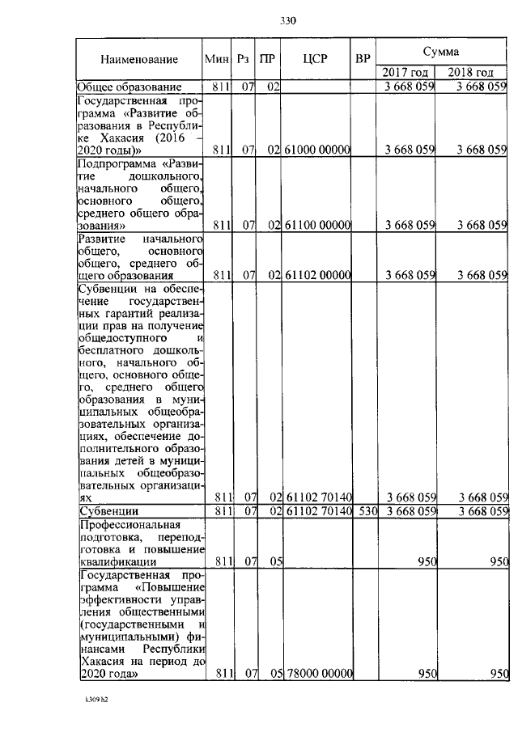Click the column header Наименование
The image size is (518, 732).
click(x=139, y=59)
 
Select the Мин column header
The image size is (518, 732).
click(x=216, y=59)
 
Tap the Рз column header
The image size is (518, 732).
click(x=244, y=59)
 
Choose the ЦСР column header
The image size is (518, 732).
click(x=315, y=59)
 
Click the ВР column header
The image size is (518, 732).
click(x=363, y=59)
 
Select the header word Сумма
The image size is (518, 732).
click(x=443, y=50)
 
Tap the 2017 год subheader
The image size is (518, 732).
click(x=405, y=73)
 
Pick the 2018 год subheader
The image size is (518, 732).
click(x=472, y=73)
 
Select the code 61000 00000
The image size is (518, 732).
click(x=317, y=150)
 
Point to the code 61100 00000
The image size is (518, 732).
click(x=317, y=226)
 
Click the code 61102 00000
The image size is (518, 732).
click(x=317, y=275)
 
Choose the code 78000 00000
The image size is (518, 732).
click(x=317, y=674)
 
